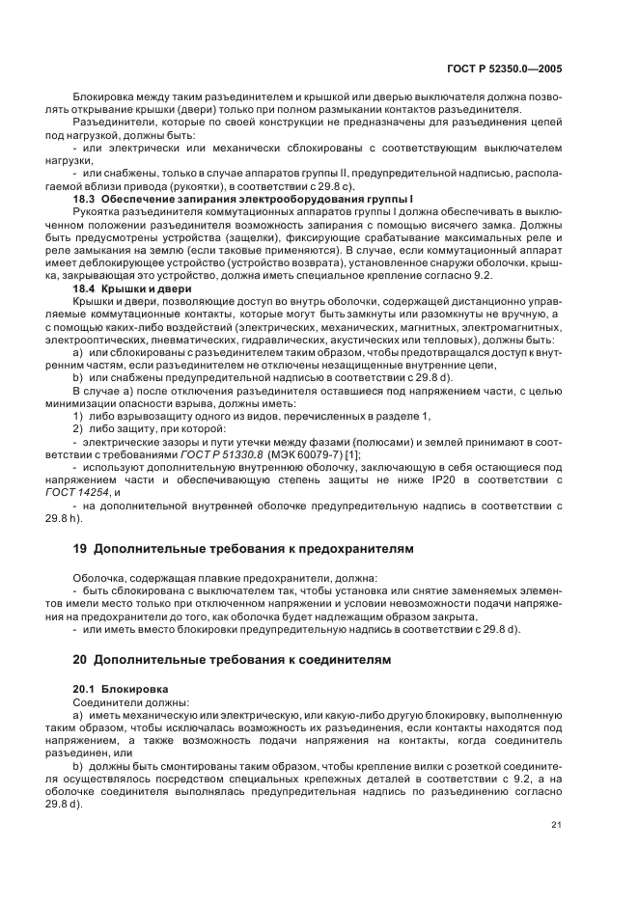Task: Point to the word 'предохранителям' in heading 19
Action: point(351,548)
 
